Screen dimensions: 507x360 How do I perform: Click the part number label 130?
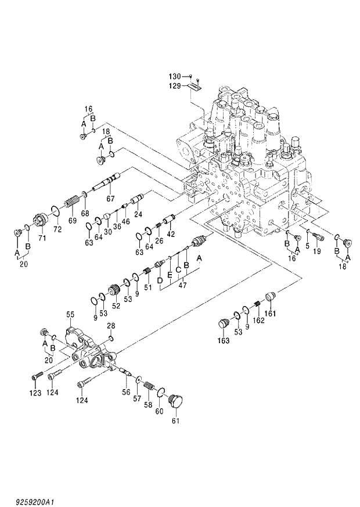pos(175,77)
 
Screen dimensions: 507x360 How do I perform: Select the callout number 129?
pos(175,85)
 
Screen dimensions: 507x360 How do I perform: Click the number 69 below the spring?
pos(72,221)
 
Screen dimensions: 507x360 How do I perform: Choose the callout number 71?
pos(42,238)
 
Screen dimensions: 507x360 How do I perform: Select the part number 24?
pos(138,214)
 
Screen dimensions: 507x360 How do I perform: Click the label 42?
pos(171,234)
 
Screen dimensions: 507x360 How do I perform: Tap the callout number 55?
pos(70,314)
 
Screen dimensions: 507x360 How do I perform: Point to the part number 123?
pos(36,393)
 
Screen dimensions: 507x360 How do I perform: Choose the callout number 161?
pos(271,314)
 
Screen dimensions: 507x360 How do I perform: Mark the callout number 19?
pos(316,251)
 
